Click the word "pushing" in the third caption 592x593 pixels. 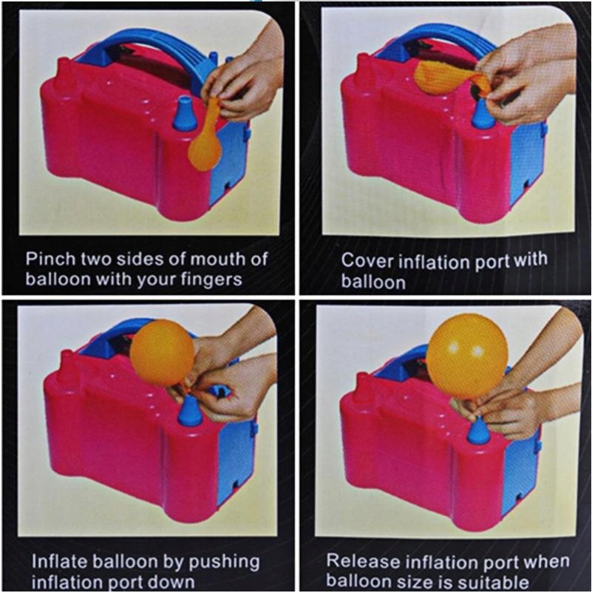point(224,563)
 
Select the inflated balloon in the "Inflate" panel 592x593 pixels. point(163,353)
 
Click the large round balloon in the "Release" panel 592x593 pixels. point(466,356)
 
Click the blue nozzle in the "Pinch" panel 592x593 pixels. point(185,113)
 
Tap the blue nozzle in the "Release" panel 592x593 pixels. point(479,431)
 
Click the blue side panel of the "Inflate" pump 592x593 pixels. point(237,458)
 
